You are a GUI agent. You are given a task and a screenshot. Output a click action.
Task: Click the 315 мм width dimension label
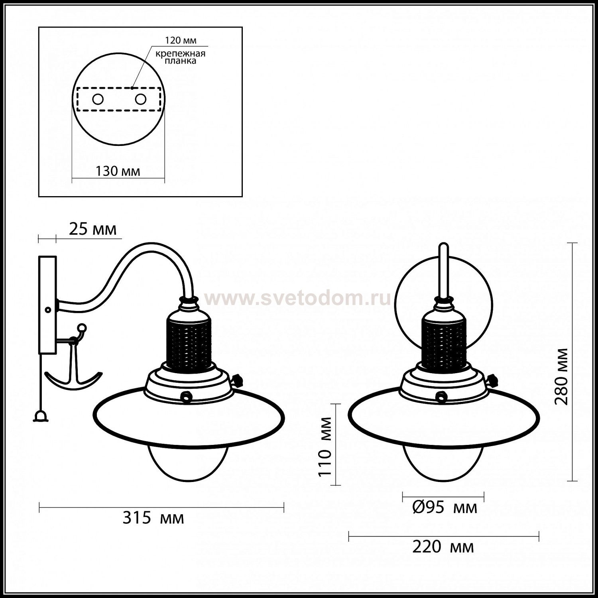click(153, 518)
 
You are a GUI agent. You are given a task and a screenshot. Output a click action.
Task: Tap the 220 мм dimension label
click(443, 547)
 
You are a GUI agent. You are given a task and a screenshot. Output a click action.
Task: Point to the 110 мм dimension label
click(325, 446)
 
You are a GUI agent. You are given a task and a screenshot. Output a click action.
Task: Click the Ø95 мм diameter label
click(445, 508)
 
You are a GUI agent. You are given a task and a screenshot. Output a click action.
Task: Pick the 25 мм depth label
click(93, 229)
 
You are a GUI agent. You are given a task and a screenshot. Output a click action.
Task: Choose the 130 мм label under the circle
click(118, 171)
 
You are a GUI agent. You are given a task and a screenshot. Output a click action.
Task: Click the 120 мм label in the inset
click(181, 40)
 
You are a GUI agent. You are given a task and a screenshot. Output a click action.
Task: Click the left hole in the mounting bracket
click(98, 99)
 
